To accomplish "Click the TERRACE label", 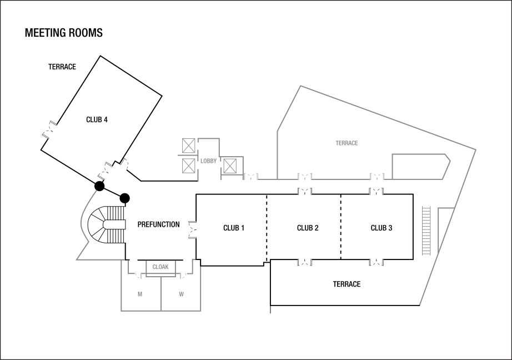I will tap(347, 143).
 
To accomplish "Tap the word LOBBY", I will tap(209, 161).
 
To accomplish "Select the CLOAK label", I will tap(160, 267).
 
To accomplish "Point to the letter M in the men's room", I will tap(140, 294).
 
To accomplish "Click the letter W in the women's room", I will tap(181, 294).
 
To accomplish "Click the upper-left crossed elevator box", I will tap(189, 146).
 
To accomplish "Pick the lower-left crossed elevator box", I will tap(189, 166).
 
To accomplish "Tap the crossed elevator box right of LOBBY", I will tap(230, 166).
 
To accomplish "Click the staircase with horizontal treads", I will tap(426, 230).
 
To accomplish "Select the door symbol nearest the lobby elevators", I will tap(251, 176).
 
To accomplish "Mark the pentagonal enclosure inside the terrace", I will tap(420, 166).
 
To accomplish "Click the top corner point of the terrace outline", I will tap(301, 86).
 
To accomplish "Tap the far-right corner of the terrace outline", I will tap(476, 149).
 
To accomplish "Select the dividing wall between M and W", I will tap(161, 293).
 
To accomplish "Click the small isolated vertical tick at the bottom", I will tap(270, 310).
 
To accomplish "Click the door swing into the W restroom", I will tap(183, 276).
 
